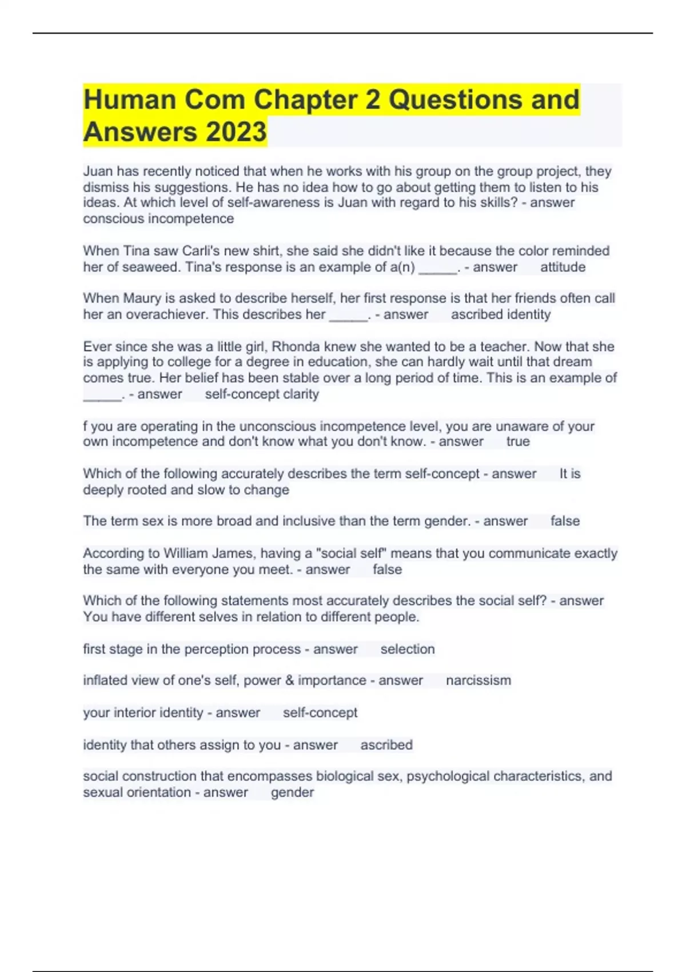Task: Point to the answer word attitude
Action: [563, 267]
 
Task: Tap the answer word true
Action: [518, 441]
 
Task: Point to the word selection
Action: [408, 649]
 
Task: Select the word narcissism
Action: [478, 680]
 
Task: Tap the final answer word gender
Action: [292, 792]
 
